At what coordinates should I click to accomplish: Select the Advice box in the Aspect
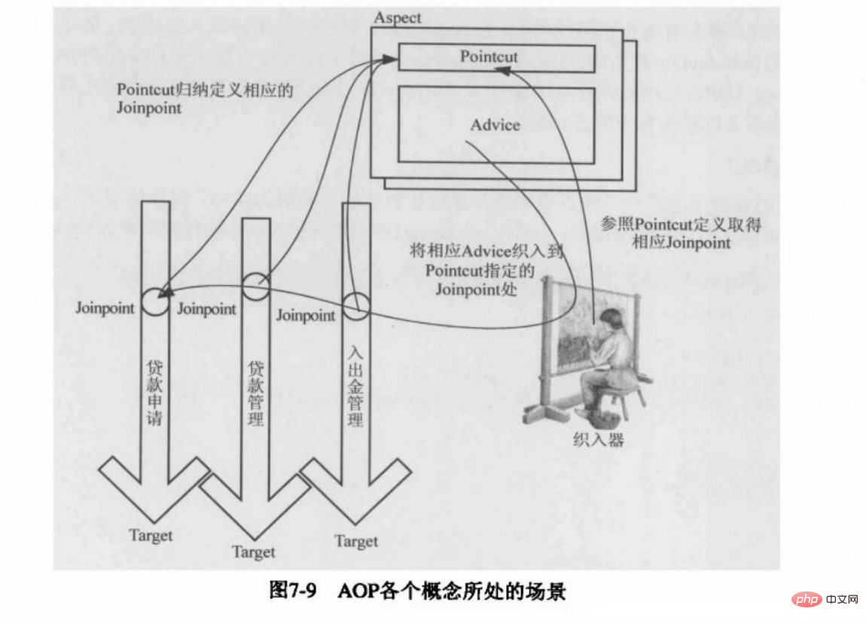496,124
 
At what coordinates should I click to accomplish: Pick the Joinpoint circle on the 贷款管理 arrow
256,286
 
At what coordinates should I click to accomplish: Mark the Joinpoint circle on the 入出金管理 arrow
355,307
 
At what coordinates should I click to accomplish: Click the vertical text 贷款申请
154,392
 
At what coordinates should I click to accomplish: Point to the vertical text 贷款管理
256,393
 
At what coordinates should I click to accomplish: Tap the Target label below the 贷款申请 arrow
151,536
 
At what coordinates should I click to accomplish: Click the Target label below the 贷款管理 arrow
254,552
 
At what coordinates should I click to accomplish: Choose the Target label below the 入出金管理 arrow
356,541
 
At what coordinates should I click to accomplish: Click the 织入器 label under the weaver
598,439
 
